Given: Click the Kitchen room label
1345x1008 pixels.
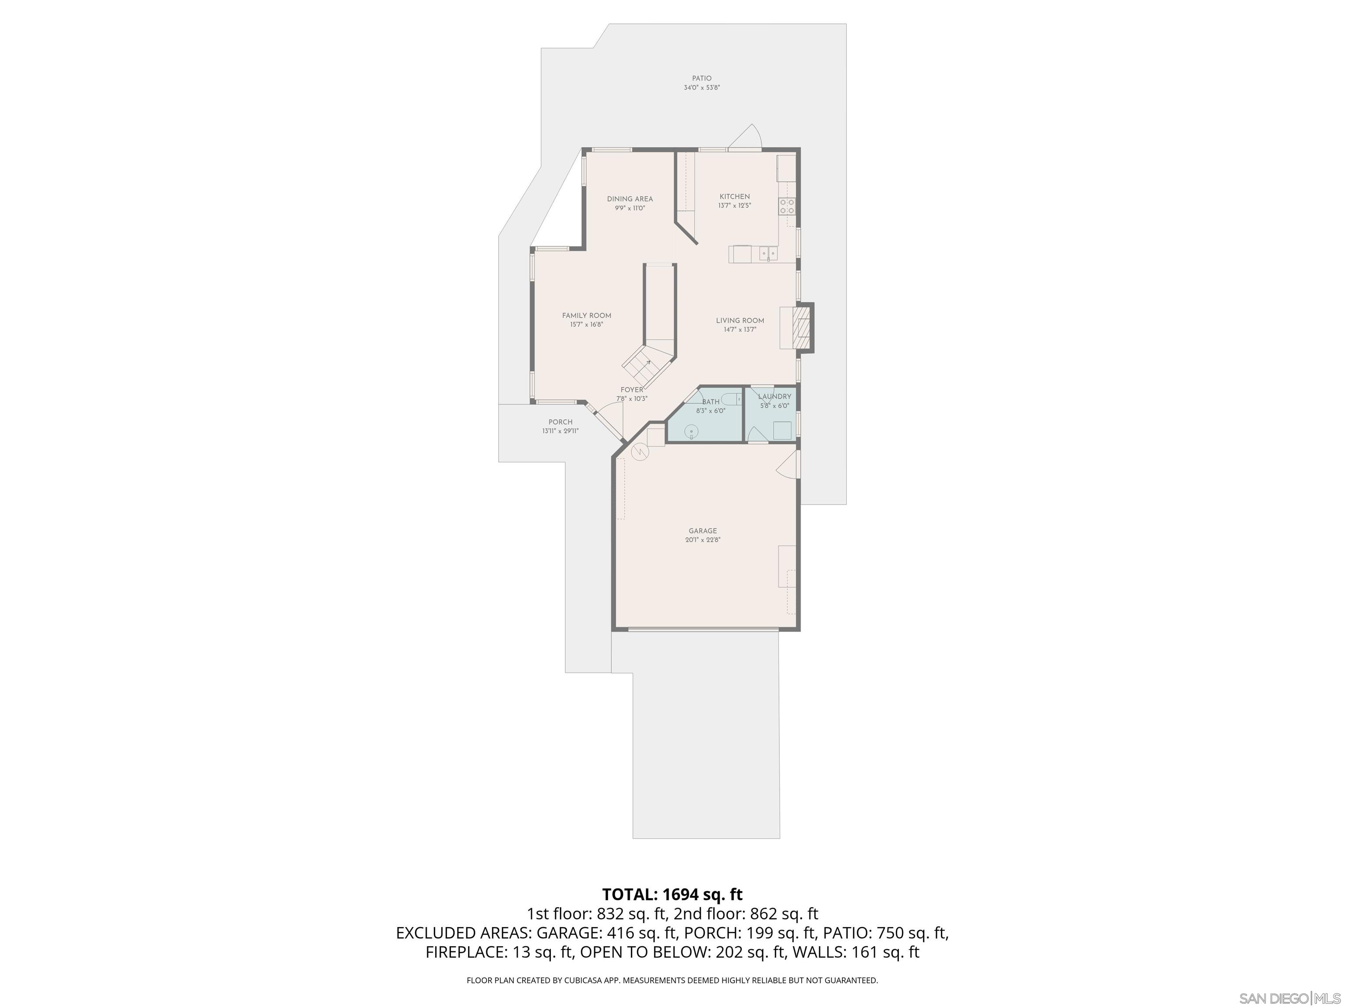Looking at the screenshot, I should click(x=735, y=196).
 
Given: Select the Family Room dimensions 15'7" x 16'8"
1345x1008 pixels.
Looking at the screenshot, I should click(x=586, y=325).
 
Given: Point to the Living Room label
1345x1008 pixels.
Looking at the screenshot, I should click(x=739, y=320).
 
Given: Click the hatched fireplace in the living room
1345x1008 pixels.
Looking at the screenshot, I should click(x=804, y=328).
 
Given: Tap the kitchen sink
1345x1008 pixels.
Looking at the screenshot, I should click(x=768, y=253).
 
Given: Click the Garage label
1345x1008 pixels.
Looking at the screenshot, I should click(x=702, y=530).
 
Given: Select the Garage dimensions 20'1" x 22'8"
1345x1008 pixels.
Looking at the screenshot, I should click(x=702, y=539).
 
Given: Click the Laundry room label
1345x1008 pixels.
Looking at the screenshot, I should click(x=774, y=396).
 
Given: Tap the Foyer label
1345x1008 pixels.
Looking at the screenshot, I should click(x=631, y=389).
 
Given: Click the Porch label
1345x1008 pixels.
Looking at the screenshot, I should click(x=560, y=422).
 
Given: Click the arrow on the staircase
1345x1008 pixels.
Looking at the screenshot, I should click(x=648, y=363).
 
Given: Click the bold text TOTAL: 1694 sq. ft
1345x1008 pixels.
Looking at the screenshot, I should click(x=672, y=894).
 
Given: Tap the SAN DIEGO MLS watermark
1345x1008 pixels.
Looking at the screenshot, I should click(x=1289, y=998).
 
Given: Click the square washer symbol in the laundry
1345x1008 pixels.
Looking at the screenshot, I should click(x=782, y=430).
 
